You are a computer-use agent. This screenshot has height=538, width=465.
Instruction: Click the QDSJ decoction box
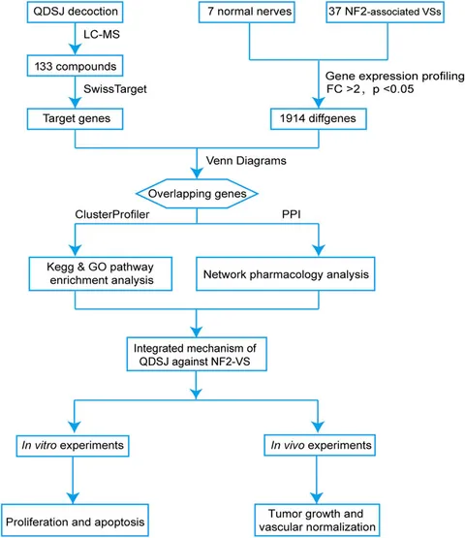pyautogui.click(x=76, y=12)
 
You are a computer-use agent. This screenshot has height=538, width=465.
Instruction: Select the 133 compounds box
pyautogui.click(x=76, y=66)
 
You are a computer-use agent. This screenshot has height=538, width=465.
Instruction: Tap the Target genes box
pyautogui.click(x=76, y=118)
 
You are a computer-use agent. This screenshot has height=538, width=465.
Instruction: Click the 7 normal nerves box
pyautogui.click(x=247, y=12)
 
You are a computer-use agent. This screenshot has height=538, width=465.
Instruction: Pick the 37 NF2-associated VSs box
pyautogui.click(x=386, y=12)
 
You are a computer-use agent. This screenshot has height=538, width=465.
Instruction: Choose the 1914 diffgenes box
pyautogui.click(x=319, y=118)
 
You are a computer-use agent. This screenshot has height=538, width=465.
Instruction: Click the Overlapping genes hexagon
pyautogui.click(x=197, y=194)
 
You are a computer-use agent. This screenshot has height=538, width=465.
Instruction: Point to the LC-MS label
pyautogui.click(x=102, y=34)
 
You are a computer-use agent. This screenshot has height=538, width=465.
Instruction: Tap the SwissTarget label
pyautogui.click(x=115, y=89)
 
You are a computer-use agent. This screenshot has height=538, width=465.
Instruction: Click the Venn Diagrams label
pyautogui.click(x=246, y=161)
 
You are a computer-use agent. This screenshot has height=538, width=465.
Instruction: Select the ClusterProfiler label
pyautogui.click(x=112, y=214)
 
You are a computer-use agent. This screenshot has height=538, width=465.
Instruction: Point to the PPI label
pyautogui.click(x=292, y=214)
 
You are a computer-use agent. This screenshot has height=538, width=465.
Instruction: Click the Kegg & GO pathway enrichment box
pyautogui.click(x=101, y=273)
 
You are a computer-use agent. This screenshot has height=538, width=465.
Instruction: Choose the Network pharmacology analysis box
pyautogui.click(x=286, y=273)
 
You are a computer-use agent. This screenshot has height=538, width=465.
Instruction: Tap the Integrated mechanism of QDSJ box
pyautogui.click(x=197, y=354)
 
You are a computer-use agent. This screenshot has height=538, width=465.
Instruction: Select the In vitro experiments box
pyautogui.click(x=73, y=446)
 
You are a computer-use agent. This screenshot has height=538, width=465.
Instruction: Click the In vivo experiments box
pyautogui.click(x=320, y=445)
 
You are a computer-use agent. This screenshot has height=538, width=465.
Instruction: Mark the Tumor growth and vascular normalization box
pyautogui.click(x=317, y=521)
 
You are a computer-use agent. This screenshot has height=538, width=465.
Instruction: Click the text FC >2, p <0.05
pyautogui.click(x=370, y=89)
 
